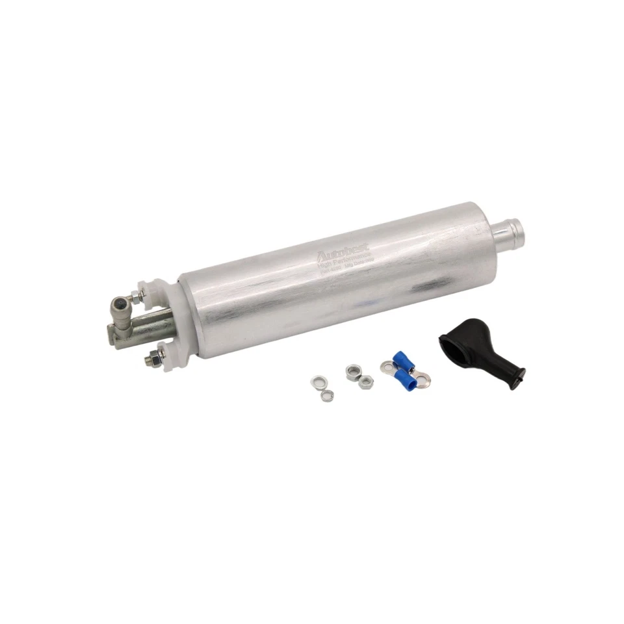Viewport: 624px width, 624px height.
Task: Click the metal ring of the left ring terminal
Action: tap(385, 370)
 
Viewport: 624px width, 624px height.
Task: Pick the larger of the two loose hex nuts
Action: tap(354, 370)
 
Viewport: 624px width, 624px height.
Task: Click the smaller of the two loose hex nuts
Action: tap(366, 382)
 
